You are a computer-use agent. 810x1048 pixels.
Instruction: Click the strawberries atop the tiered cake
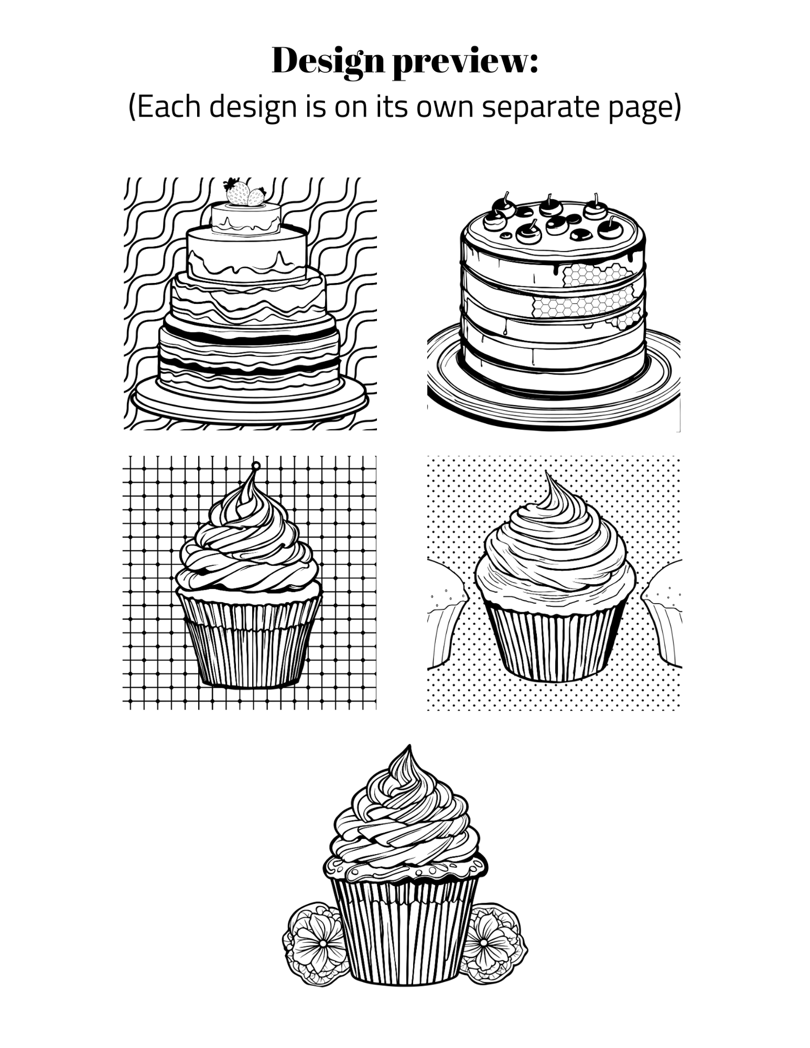click(246, 192)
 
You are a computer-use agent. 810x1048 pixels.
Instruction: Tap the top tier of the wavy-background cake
click(246, 219)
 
